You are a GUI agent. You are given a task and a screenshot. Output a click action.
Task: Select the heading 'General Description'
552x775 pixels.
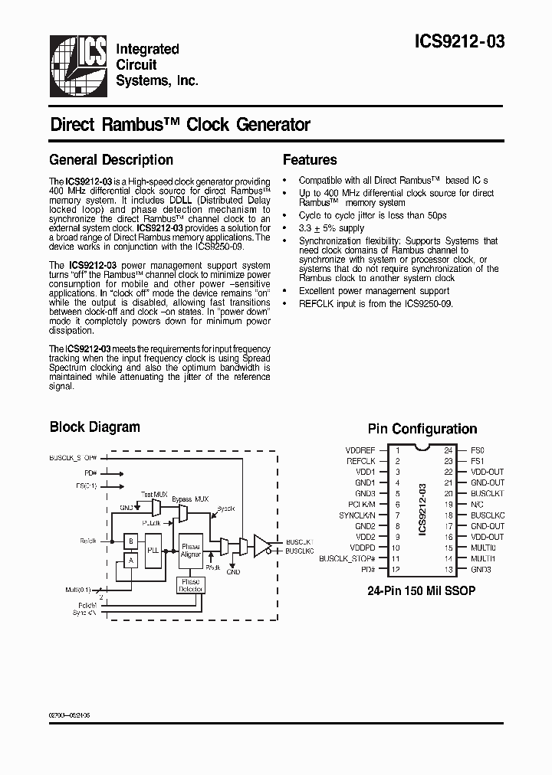click(x=111, y=160)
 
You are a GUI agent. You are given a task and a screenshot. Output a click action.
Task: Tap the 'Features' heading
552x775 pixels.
click(x=310, y=160)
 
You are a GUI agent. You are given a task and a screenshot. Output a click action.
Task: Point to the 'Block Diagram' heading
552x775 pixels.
click(x=95, y=427)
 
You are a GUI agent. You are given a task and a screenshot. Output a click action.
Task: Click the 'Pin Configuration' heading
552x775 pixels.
click(x=422, y=430)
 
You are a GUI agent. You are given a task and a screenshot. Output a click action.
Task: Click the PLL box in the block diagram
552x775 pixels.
click(x=153, y=551)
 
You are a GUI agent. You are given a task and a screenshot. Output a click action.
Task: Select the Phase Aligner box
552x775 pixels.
click(x=190, y=551)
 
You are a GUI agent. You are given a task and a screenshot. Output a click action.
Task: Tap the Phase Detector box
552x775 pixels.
click(x=191, y=586)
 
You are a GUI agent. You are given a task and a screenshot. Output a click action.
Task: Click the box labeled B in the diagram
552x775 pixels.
click(x=131, y=541)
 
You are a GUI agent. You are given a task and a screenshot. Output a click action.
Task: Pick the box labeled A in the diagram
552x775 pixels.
click(x=131, y=561)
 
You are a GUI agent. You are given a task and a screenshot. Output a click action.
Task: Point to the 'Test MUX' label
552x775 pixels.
click(x=154, y=495)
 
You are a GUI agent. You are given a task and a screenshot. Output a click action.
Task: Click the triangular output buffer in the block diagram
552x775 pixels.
click(x=262, y=545)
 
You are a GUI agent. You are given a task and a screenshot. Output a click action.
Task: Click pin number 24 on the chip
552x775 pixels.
click(x=448, y=451)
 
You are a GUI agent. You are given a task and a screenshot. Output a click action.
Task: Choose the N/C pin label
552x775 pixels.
click(x=478, y=505)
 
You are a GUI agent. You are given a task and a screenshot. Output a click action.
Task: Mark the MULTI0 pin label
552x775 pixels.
click(x=484, y=548)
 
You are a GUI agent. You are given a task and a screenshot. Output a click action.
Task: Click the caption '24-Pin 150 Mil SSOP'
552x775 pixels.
click(x=422, y=591)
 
